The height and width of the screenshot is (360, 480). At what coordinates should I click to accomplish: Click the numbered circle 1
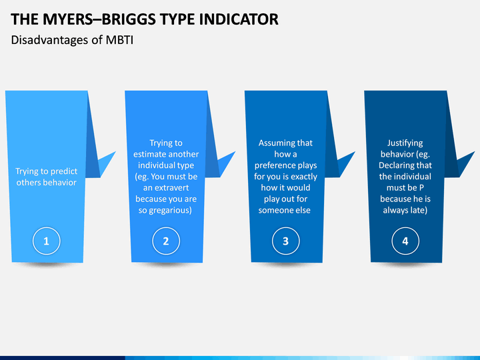pyautogui.click(x=46, y=241)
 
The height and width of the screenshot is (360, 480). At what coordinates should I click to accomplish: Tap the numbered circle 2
pyautogui.click(x=166, y=241)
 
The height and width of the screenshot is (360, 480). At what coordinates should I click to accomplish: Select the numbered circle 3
pyautogui.click(x=285, y=241)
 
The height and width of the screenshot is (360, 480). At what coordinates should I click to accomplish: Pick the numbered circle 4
pyautogui.click(x=405, y=241)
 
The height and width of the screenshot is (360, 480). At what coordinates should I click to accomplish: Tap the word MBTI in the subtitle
pyautogui.click(x=120, y=41)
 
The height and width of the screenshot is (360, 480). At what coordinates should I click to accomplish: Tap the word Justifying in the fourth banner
pyautogui.click(x=405, y=143)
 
